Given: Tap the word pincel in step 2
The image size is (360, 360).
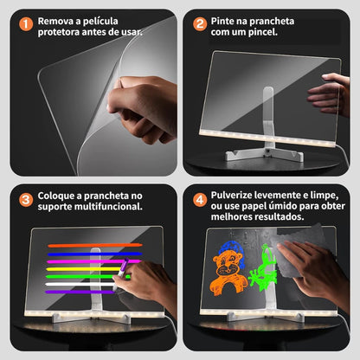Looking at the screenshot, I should click(x=275, y=32).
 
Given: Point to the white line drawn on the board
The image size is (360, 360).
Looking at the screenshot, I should click(x=82, y=284).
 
